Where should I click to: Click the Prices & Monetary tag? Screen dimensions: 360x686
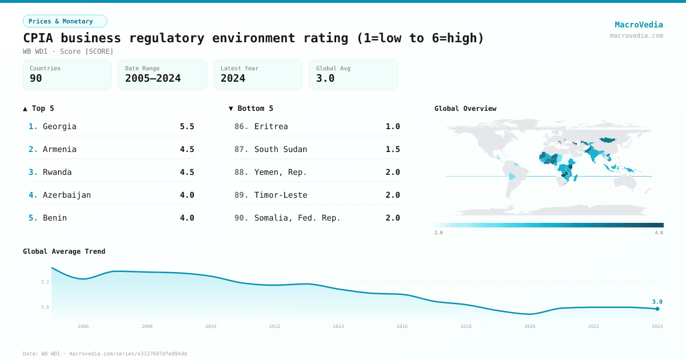tap(65, 21)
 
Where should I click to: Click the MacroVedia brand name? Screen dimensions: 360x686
tap(639, 25)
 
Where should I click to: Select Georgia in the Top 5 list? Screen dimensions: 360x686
tap(59, 126)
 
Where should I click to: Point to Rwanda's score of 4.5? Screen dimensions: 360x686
tap(187, 172)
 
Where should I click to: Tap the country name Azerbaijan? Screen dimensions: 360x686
tap(67, 195)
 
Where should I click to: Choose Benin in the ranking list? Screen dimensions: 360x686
tap(55, 218)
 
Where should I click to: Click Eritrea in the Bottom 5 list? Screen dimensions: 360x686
tap(271, 126)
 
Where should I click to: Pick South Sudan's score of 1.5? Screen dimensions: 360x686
tap(393, 149)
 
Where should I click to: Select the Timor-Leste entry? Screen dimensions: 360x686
tap(281, 195)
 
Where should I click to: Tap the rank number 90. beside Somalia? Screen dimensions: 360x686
tap(241, 218)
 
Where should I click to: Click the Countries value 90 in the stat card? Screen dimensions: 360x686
tap(36, 78)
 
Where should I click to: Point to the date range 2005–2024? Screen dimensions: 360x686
tap(153, 78)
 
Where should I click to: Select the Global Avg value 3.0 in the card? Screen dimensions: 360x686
tap(325, 78)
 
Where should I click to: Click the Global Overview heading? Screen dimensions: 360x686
tap(465, 109)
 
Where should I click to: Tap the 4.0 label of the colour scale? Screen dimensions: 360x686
tap(659, 233)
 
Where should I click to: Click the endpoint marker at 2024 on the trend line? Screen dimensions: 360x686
tap(657, 309)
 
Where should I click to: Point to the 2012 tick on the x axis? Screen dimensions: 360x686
tap(275, 326)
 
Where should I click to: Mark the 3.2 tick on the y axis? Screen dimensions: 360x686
tap(45, 282)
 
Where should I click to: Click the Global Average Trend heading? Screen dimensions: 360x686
tap(64, 251)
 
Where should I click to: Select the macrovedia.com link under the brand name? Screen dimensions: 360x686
tap(636, 35)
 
